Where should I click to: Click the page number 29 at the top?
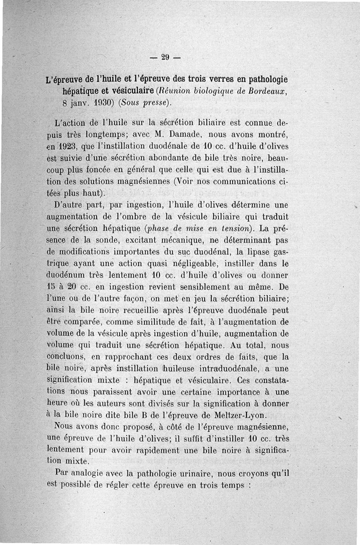tap(164, 57)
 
